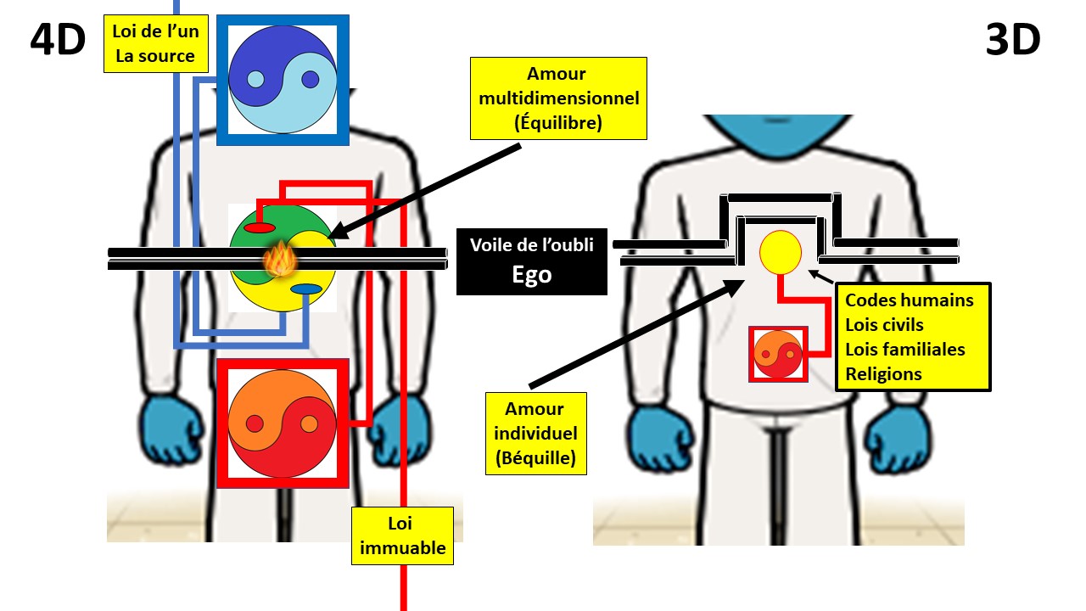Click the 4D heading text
point(58,40)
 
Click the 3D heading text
point(1013,40)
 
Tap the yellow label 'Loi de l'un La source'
point(155,43)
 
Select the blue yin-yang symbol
point(283,80)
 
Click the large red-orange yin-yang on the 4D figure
point(283,423)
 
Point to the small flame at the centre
point(280,260)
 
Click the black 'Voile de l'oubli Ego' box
point(532,261)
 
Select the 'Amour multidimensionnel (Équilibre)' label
point(558,98)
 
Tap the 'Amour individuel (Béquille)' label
point(535,434)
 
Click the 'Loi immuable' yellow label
point(402,535)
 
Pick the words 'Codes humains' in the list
point(909,300)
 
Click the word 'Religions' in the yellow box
point(883,374)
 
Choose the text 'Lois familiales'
point(904,350)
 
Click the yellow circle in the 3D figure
point(780,252)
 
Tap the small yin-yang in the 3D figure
point(778,354)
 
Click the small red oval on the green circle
point(260,227)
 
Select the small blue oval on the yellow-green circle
point(306,289)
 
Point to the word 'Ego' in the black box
point(532,274)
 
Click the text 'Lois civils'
point(884,325)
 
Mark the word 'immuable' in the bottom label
point(403,548)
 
